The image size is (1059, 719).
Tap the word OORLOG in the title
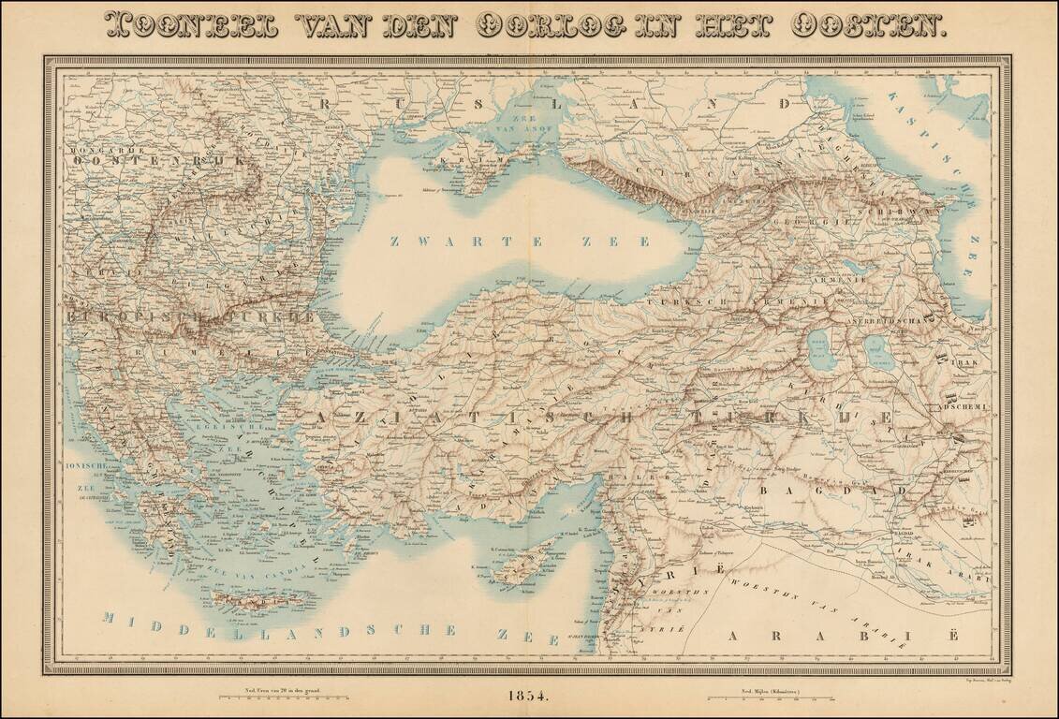tap(543, 26)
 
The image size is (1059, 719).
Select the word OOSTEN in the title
tap(868, 26)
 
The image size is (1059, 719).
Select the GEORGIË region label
tap(824, 222)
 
